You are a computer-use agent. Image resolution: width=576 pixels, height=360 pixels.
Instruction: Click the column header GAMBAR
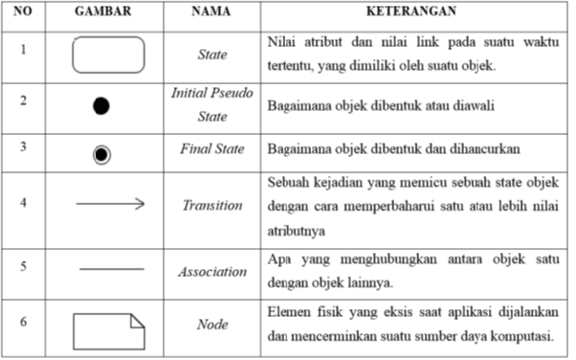(x=109, y=15)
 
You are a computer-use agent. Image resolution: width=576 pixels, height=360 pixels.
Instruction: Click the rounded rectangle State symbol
(x=109, y=56)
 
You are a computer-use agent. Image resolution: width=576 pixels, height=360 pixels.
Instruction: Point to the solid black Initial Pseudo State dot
(x=101, y=106)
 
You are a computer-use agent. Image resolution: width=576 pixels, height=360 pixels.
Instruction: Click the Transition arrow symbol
(x=109, y=203)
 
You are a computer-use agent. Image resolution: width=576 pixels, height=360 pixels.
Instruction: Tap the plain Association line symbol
(x=109, y=270)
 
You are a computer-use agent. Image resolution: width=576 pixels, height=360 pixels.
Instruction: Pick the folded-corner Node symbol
(x=109, y=332)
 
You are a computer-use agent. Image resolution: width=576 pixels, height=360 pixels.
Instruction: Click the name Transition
(x=211, y=206)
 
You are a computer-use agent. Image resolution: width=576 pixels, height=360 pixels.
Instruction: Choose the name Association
(x=211, y=272)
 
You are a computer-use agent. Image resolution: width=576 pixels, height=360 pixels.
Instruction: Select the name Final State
(x=211, y=150)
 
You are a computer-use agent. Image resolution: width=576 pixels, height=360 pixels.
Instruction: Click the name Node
(x=211, y=325)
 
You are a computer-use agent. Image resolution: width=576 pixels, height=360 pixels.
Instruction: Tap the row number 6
(x=23, y=323)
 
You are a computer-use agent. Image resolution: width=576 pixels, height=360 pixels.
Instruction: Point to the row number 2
(x=23, y=101)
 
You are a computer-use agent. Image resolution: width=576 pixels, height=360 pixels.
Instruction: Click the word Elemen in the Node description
(x=288, y=313)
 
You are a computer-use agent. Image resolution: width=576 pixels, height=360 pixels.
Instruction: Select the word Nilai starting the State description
(x=282, y=44)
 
